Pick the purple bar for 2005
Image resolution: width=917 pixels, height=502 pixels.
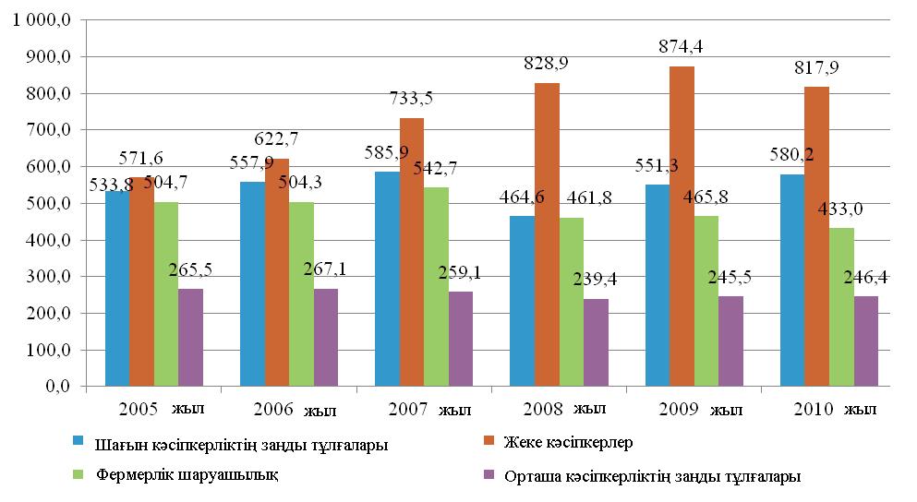[x=190, y=338]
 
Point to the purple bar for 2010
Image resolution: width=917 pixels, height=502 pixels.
[x=865, y=341]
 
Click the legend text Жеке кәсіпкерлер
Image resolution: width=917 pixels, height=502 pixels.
[x=569, y=442]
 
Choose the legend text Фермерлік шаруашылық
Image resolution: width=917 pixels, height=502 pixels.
[x=187, y=475]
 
